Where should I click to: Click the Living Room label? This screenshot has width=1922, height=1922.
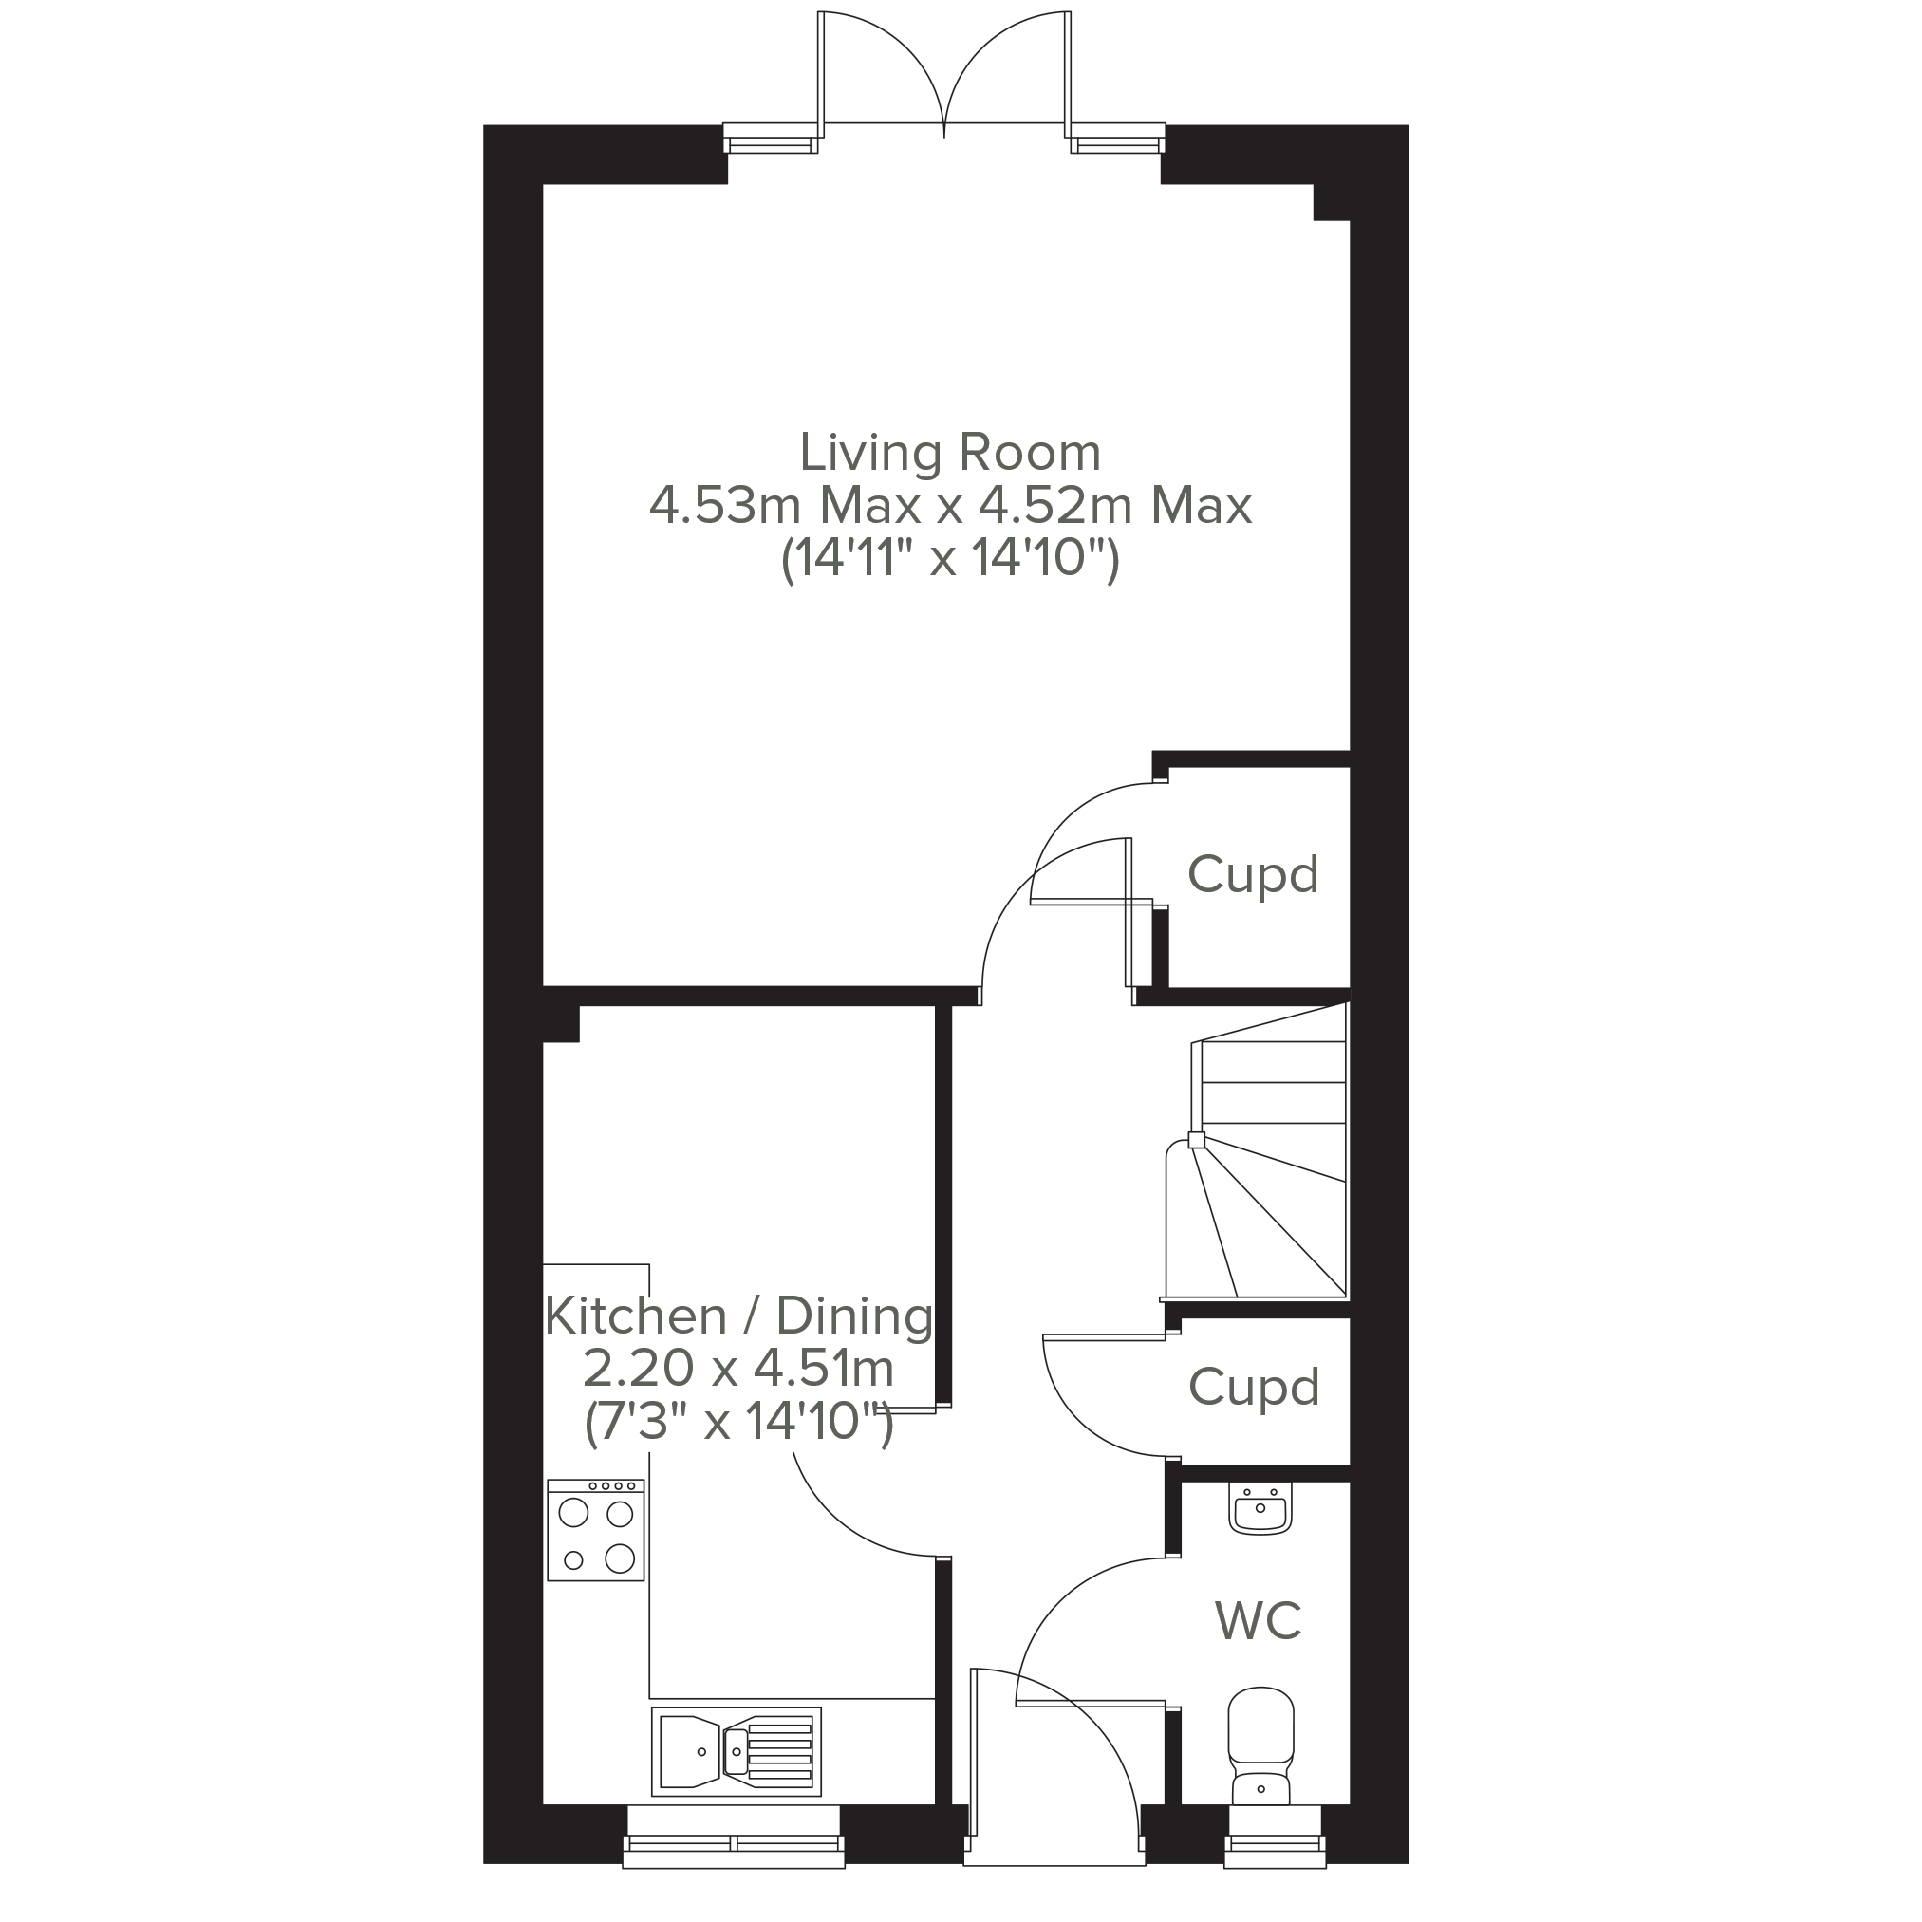click(950, 453)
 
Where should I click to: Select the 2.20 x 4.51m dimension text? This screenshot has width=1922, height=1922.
click(738, 1369)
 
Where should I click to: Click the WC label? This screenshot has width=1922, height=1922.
click(1259, 1620)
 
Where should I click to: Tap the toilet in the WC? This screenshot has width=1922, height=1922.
click(1261, 1760)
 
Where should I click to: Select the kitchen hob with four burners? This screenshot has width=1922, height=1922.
click(596, 1530)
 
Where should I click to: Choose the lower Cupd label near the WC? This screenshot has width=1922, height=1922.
click(1254, 1388)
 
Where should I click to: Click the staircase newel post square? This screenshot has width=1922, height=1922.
click(1197, 1140)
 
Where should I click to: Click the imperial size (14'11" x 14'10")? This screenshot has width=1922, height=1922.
click(950, 558)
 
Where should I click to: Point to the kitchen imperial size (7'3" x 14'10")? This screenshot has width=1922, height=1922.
click(738, 1422)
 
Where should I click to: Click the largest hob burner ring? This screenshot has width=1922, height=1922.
click(620, 1558)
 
